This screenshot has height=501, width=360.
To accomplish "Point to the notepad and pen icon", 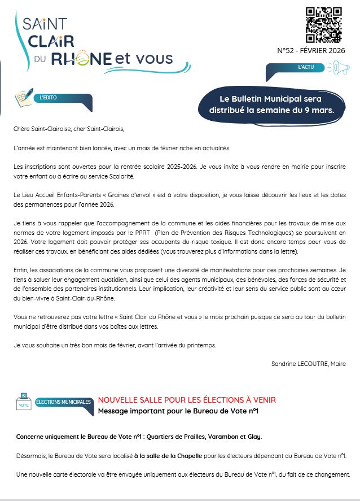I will [23, 98].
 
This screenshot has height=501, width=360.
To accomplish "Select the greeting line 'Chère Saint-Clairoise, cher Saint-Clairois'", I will [68, 129].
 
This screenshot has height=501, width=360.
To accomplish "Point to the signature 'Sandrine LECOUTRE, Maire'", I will [309, 364].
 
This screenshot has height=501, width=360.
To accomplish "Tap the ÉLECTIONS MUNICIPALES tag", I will [63, 402].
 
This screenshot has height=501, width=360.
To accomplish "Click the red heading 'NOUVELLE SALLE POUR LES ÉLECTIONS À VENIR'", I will [187, 400].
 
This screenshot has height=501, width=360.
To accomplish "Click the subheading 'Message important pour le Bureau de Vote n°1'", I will [178, 411].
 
